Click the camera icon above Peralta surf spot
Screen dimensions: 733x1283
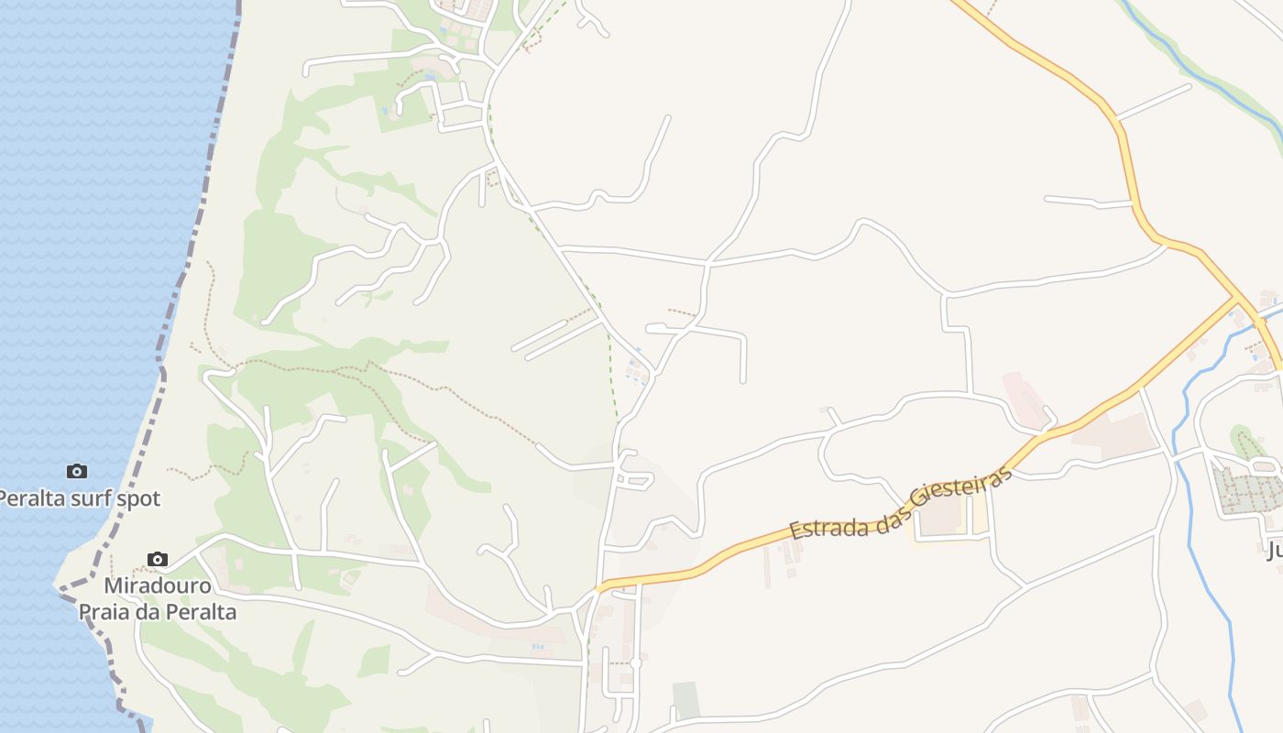click(77, 471)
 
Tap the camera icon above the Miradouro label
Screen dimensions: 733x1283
click(158, 559)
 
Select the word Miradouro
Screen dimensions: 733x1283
click(158, 585)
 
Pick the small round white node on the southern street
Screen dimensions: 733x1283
click(635, 662)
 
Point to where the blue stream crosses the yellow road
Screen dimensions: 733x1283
click(1267, 318)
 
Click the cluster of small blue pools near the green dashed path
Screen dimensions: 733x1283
click(634, 369)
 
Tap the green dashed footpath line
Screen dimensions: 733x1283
click(609, 348)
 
